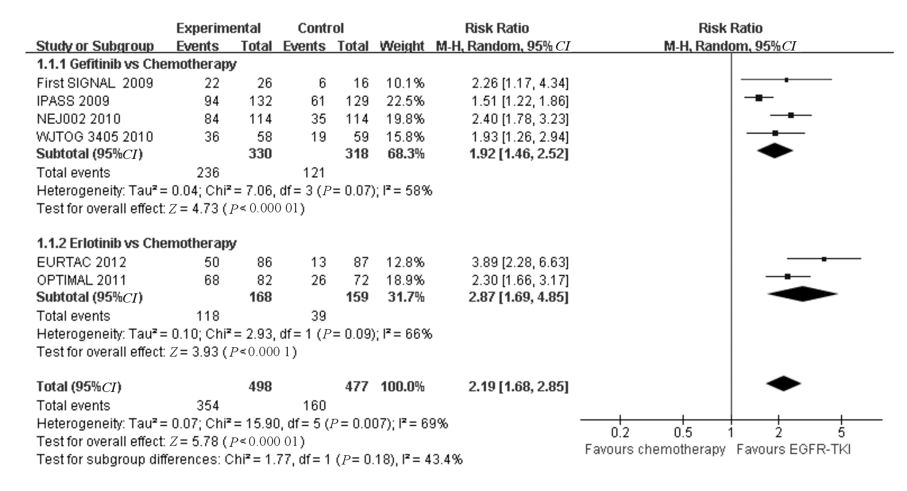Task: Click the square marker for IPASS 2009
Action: pyautogui.click(x=759, y=98)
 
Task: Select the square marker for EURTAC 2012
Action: pyautogui.click(x=824, y=258)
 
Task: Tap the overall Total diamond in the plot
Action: pyautogui.click(x=783, y=384)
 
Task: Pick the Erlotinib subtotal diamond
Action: pyautogui.click(x=803, y=294)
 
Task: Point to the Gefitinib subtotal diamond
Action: pyautogui.click(x=775, y=151)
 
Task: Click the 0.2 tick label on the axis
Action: pyautogui.click(x=620, y=433)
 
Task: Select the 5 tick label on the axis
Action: pyautogui.click(x=841, y=433)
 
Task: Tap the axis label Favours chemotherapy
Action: pyautogui.click(x=655, y=449)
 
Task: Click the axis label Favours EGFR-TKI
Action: pyautogui.click(x=793, y=449)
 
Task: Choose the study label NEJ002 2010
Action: pyautogui.click(x=78, y=119)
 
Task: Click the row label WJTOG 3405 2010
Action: pyautogui.click(x=95, y=136)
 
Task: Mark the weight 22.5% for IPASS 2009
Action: pyautogui.click(x=405, y=101)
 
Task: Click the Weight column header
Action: pyautogui.click(x=402, y=46)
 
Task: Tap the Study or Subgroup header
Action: pyautogui.click(x=95, y=46)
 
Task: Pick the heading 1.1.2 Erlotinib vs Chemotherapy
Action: pyautogui.click(x=136, y=243)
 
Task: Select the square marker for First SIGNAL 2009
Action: pyautogui.click(x=786, y=79)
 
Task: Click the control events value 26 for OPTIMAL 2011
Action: pyautogui.click(x=318, y=280)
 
